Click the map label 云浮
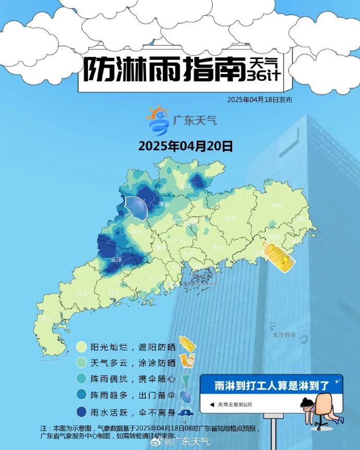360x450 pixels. coord(116,259)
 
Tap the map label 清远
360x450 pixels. coord(163,204)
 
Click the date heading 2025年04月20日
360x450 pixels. coord(185,146)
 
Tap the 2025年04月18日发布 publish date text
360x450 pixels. coord(259,100)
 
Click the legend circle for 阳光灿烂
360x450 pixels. coord(81,347)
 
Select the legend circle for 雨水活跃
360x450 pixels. coord(81,413)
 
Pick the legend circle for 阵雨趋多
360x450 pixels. coord(81,396)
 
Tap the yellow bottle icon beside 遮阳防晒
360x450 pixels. coord(187,344)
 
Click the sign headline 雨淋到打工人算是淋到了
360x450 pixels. coord(272,386)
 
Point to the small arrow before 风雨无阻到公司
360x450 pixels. coord(212,404)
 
